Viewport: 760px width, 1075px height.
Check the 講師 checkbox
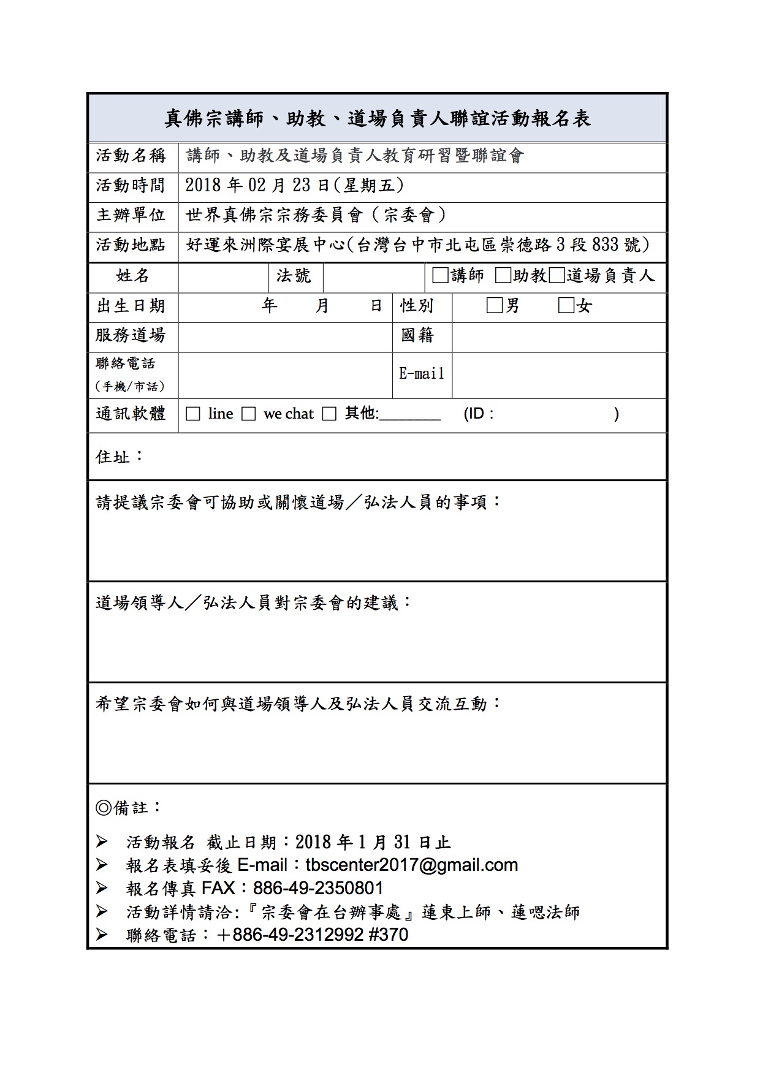[x=439, y=276]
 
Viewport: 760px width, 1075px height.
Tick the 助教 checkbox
[x=503, y=276]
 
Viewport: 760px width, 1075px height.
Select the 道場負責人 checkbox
[x=556, y=276]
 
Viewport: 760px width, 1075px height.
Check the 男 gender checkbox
[x=494, y=305]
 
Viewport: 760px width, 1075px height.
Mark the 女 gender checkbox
[x=566, y=305]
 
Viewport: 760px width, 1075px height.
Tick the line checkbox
[x=193, y=414]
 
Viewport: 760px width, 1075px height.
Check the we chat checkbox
[x=248, y=414]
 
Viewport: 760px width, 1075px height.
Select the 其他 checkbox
[x=329, y=414]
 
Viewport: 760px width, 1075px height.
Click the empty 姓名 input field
[x=223, y=277]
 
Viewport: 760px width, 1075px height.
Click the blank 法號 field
[x=373, y=277]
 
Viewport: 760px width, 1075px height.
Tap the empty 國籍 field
[x=558, y=336]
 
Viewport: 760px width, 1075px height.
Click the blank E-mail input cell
[x=558, y=375]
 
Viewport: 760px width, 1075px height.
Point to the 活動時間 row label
[x=131, y=185]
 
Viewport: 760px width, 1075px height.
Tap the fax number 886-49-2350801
[x=318, y=888]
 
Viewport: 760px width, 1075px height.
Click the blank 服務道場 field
[x=285, y=336]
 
